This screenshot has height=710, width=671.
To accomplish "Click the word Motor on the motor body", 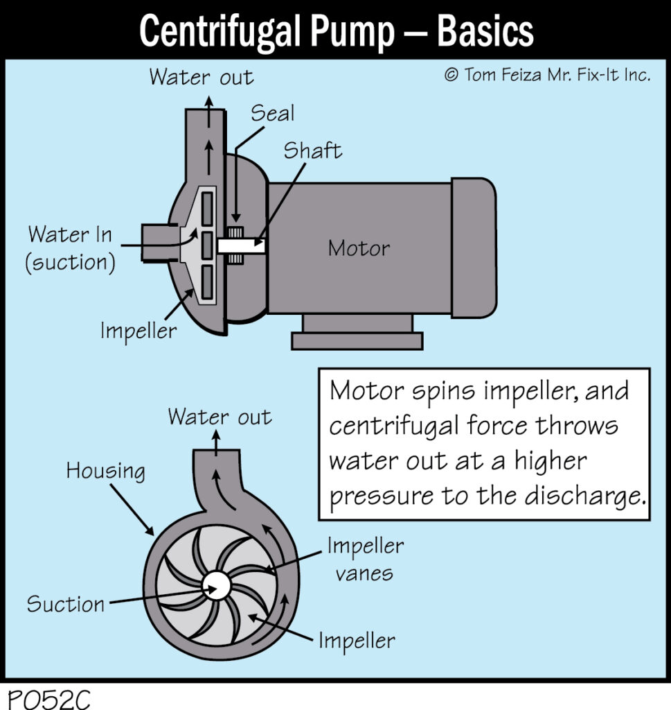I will [359, 248].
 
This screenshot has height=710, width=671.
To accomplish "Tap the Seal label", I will [272, 113].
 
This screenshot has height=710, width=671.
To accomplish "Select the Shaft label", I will [312, 150].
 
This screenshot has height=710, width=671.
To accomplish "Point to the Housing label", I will [105, 471].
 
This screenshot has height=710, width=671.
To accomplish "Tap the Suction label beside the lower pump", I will [65, 604].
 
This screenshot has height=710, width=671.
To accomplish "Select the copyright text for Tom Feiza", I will [547, 75].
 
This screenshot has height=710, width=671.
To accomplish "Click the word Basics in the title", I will [485, 31].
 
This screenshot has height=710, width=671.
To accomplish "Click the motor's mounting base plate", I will [357, 340].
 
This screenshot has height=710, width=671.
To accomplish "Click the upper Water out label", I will [201, 76].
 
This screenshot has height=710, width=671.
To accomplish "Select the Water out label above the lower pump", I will [220, 417].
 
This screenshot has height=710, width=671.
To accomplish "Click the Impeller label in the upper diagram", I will [138, 330].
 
